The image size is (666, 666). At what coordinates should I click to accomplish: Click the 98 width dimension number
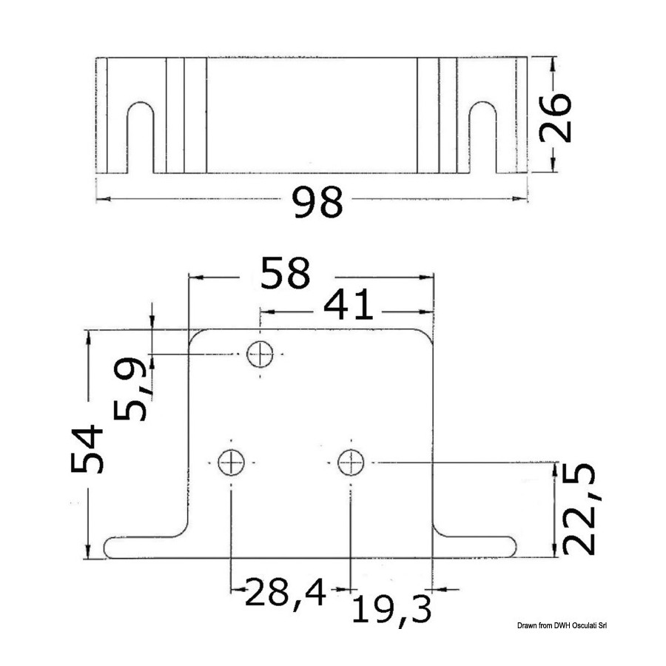coord(318,202)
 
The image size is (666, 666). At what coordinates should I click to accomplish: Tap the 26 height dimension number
coord(555,117)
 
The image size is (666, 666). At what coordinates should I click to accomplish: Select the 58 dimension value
coord(286,273)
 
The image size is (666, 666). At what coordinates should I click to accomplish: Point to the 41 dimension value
coord(349,305)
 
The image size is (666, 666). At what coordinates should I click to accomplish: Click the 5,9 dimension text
coord(130,389)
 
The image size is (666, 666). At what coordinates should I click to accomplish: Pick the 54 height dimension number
coord(87,448)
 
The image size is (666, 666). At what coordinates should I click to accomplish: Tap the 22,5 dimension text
coord(579,508)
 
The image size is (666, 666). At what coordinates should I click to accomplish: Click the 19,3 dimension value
coord(391,610)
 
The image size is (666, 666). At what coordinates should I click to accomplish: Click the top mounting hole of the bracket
coord(260,354)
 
